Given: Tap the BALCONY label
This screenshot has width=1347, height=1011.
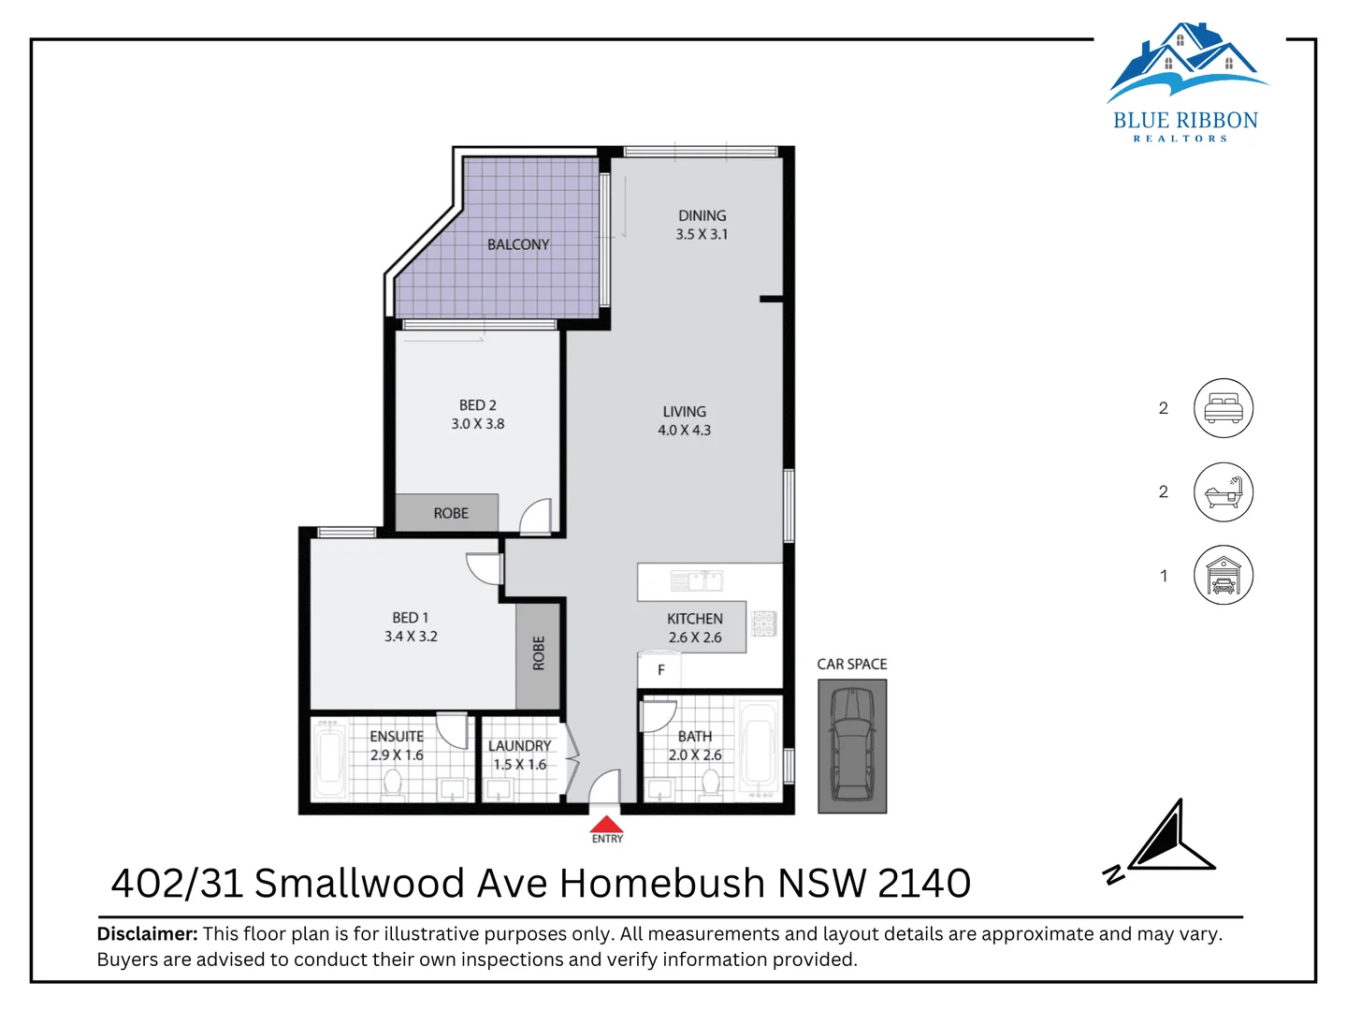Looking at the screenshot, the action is click(518, 244).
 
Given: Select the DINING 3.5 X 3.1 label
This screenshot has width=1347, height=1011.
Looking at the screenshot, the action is click(702, 225).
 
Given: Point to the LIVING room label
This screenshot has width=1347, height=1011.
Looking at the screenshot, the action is click(684, 411).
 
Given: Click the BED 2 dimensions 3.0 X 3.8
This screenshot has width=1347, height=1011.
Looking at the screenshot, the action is click(477, 423).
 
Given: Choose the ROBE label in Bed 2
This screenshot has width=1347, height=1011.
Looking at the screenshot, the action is click(451, 513).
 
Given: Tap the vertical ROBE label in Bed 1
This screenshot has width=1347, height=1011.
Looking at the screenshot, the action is click(538, 653).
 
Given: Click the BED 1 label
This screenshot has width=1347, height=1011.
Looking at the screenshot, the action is click(410, 618).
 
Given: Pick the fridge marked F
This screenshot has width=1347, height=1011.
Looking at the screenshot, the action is click(659, 669).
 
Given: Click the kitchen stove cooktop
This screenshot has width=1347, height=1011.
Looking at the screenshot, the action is click(764, 623).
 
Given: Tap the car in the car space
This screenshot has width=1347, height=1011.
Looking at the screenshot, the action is click(852, 744).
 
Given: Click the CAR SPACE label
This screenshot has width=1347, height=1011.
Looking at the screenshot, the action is click(852, 664).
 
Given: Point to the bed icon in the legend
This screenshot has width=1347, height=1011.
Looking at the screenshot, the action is click(1223, 408).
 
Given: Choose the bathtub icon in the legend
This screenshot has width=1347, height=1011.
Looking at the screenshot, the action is click(1223, 491).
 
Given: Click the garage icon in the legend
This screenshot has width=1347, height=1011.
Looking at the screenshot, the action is click(1223, 575).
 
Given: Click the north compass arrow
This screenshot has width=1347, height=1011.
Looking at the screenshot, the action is click(1169, 837).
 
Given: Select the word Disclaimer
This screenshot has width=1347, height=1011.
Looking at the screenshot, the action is click(147, 933).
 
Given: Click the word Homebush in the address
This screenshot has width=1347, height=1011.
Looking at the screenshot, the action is click(662, 884).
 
